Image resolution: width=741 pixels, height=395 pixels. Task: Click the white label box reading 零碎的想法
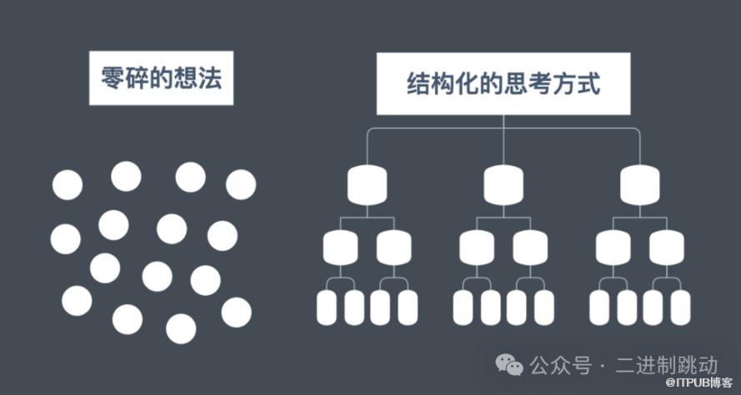(161, 78)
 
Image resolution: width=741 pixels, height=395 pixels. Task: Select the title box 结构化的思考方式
(503, 84)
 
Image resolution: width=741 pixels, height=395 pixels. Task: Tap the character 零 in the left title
(113, 78)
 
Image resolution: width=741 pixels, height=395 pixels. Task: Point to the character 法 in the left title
(210, 78)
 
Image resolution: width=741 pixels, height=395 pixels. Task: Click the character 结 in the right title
(418, 84)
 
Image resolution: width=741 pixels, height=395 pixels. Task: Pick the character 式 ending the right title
(588, 84)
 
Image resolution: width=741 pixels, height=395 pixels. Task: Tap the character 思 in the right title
(516, 84)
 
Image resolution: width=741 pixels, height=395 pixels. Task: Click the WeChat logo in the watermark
(509, 365)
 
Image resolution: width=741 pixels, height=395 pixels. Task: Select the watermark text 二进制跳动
(666, 365)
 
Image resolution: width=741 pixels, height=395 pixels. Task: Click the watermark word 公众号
(560, 365)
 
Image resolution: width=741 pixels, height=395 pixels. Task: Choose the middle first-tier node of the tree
(503, 185)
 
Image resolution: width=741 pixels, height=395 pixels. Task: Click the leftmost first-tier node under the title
(368, 185)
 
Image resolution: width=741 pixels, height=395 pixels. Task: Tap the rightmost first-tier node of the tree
(640, 185)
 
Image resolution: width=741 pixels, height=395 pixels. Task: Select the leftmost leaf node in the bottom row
(327, 307)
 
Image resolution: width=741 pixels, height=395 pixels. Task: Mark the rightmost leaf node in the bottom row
(680, 307)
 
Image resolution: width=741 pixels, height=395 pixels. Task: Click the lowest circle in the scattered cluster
(181, 329)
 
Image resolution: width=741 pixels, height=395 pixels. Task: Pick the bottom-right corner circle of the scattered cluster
(236, 312)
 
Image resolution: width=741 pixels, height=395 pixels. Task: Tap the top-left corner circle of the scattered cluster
(68, 185)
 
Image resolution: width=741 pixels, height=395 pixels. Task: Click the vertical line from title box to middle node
(503, 139)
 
